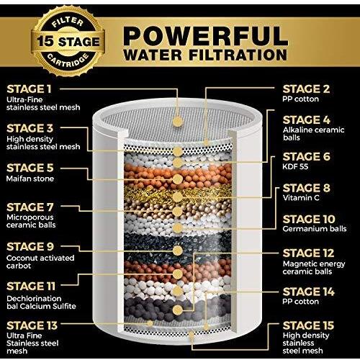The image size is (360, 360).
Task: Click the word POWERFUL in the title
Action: click(x=205, y=36)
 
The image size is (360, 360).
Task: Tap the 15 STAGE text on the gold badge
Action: click(x=68, y=42)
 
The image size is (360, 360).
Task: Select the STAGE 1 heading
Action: click(x=29, y=89)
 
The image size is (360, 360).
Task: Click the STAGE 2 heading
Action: click(x=306, y=89)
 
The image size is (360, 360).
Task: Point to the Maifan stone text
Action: click(x=30, y=179)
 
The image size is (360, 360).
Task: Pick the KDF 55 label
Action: click(x=295, y=166)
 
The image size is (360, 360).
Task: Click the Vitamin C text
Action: click(x=301, y=198)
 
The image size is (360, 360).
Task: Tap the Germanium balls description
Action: click(x=315, y=229)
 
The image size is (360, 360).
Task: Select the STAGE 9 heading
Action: click(x=30, y=246)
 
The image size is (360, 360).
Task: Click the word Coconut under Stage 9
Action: click(x=20, y=258)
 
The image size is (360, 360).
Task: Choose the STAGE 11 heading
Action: click(x=31, y=287)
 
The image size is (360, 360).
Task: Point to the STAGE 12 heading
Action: click(x=308, y=253)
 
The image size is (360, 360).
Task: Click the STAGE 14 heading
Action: click(x=308, y=292)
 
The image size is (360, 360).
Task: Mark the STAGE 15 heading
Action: click(x=308, y=325)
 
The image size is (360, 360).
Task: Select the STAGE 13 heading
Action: click(x=32, y=325)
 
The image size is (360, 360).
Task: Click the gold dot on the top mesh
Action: click(x=178, y=122)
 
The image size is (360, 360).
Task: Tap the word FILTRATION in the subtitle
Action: click(x=238, y=55)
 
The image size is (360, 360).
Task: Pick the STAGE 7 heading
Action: click(x=30, y=207)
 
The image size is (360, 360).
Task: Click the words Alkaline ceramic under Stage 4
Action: click(x=313, y=130)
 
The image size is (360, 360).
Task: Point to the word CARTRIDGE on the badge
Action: click(x=68, y=61)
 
